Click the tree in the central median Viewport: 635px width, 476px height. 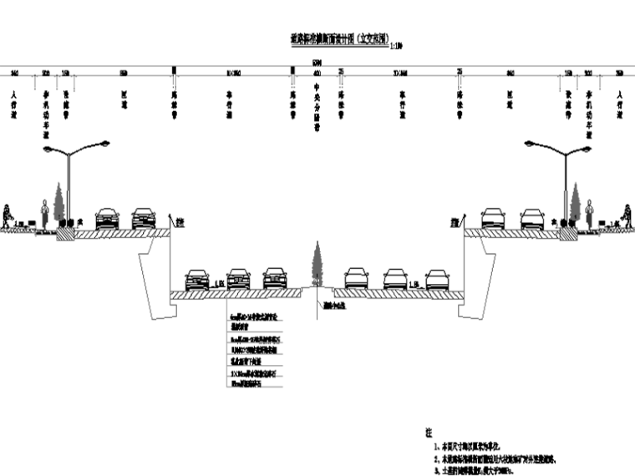[317, 263]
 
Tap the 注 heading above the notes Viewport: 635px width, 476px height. [428, 436]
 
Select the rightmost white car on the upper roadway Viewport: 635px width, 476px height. [532, 218]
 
